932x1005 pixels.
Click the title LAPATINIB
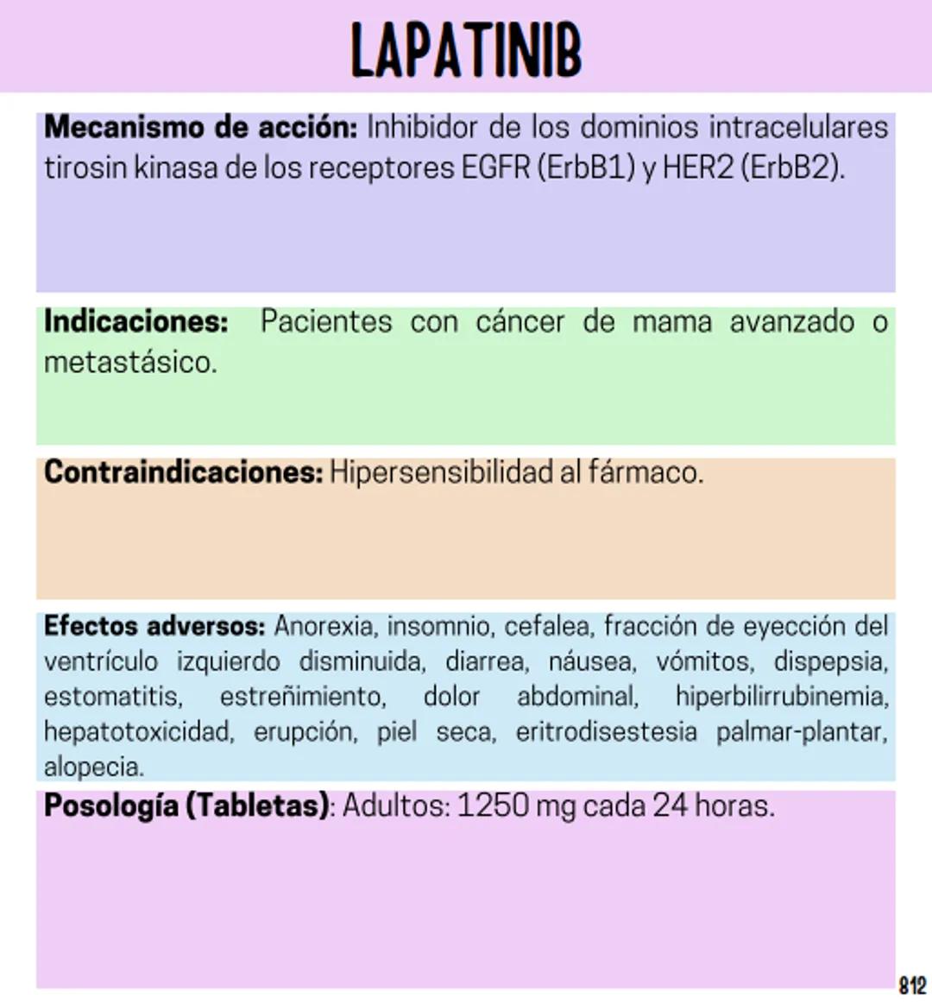click(x=466, y=50)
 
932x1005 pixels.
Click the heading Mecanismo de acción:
click(x=200, y=128)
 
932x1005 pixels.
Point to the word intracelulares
click(x=798, y=128)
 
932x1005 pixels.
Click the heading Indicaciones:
click(x=136, y=322)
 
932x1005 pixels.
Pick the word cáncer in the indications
click(x=520, y=322)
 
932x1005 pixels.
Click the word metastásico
click(x=129, y=363)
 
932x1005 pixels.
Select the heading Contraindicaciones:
click(x=183, y=472)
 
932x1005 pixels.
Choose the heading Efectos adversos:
click(x=154, y=626)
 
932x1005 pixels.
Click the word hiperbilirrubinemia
click(x=782, y=696)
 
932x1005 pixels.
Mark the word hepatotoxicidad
click(x=138, y=731)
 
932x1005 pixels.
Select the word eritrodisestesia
click(x=606, y=731)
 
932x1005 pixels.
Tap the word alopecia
click(x=93, y=767)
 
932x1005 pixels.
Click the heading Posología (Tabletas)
click(x=186, y=806)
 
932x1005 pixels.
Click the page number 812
click(x=912, y=985)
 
